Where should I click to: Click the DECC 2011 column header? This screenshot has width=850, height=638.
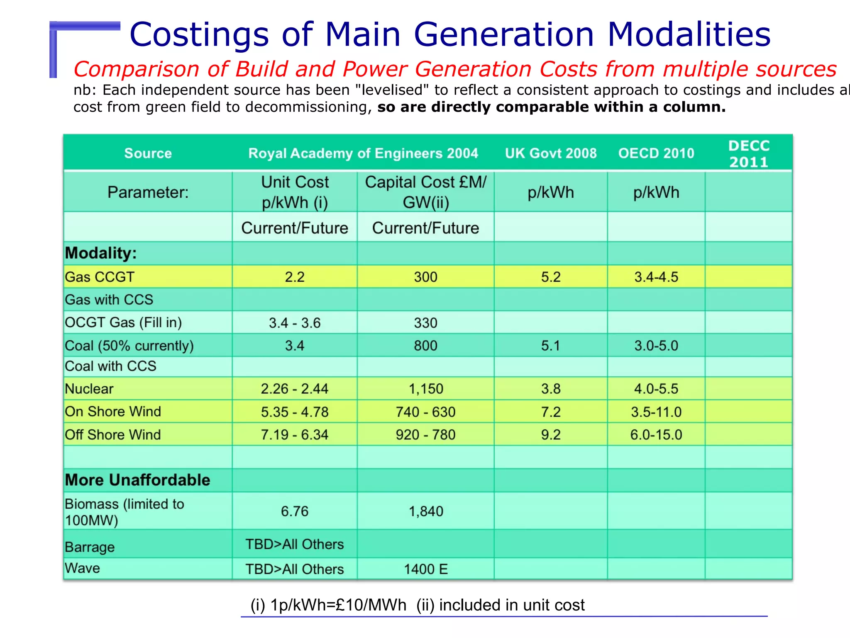(749, 154)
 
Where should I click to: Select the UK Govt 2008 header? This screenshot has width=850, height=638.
(551, 153)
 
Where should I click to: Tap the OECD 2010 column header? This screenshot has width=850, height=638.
(656, 153)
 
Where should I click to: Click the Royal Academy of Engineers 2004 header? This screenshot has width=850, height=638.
(363, 153)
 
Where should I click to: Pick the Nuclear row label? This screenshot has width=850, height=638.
(89, 389)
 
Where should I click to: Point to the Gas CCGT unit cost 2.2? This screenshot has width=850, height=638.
(295, 277)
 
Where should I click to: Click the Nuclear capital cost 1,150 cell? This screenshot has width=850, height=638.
(426, 389)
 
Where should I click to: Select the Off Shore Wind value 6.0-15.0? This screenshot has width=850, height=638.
(656, 434)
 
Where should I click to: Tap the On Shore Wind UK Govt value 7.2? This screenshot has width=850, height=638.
(551, 412)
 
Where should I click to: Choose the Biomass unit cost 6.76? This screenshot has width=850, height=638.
(295, 511)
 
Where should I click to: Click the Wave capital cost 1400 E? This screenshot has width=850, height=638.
(426, 569)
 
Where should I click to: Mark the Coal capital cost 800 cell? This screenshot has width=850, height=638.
(426, 346)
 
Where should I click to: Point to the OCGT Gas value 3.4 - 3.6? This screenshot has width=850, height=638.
(295, 323)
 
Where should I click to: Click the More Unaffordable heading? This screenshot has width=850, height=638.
(137, 480)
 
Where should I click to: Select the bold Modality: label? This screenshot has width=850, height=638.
(101, 253)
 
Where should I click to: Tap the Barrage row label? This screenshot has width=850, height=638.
(90, 547)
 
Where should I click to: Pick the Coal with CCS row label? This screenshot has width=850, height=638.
(110, 366)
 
